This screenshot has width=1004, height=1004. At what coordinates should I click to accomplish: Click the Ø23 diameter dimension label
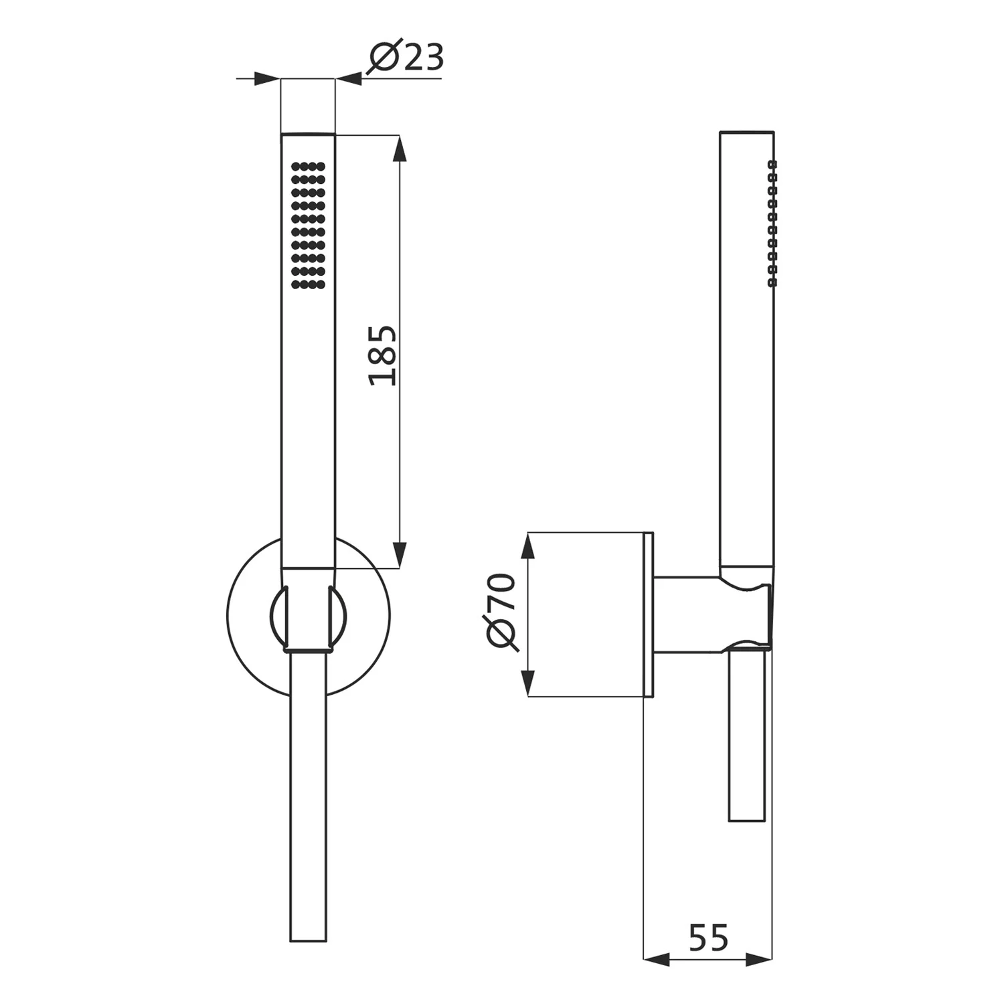(x=406, y=58)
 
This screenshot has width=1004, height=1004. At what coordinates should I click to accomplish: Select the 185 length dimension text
(x=384, y=355)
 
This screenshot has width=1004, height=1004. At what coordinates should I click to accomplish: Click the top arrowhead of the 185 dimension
(x=400, y=149)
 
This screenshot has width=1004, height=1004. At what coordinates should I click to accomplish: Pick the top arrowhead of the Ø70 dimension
(x=528, y=546)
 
